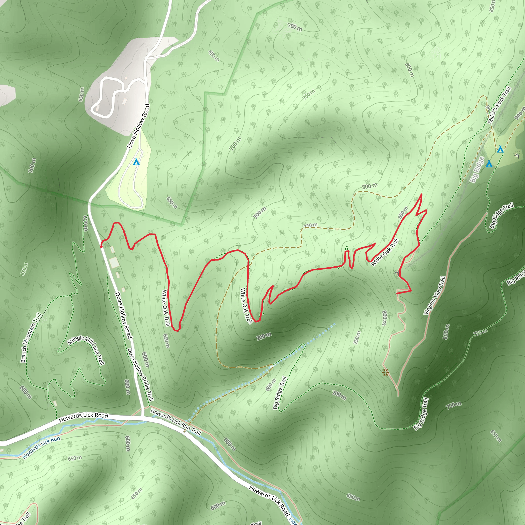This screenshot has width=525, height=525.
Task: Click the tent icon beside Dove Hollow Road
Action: (136, 162)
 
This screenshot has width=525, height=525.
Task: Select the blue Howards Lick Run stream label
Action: (41, 447)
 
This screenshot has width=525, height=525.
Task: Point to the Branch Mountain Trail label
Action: (31, 338)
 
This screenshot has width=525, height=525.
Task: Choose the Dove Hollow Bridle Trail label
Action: (141, 375)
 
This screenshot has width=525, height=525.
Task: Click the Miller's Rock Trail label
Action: (499, 105)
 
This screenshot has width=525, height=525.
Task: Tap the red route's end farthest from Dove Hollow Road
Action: (397, 294)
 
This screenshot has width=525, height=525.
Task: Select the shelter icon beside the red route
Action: (397, 272)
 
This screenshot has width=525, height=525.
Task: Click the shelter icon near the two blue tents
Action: (517, 156)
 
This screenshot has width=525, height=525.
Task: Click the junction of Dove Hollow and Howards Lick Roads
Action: (142, 416)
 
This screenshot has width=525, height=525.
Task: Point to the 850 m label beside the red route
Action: (403, 213)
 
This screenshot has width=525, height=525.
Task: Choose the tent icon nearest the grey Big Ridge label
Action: (489, 164)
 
